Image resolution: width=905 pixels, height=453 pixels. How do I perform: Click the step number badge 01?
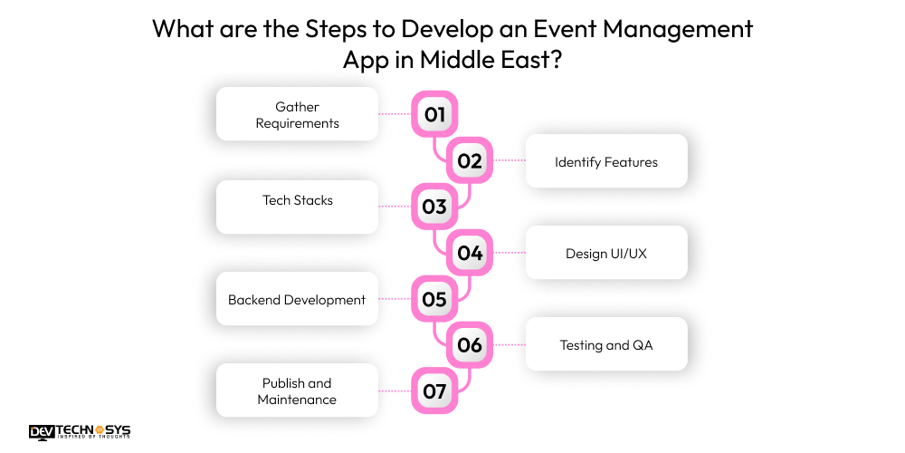(434, 114)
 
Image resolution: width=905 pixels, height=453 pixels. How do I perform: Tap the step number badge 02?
(470, 161)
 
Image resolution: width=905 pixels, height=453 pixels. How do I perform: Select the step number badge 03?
(434, 207)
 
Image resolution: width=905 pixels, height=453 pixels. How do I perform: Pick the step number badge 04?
(470, 253)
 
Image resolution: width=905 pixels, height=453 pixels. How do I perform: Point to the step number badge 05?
(434, 299)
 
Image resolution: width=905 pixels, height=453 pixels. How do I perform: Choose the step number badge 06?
(470, 345)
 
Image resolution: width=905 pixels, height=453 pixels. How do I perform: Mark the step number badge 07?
(434, 391)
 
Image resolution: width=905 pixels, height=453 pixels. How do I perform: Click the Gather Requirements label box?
(297, 114)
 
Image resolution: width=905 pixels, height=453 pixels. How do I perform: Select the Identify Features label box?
(606, 162)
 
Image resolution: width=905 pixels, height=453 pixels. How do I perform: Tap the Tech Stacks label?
(297, 200)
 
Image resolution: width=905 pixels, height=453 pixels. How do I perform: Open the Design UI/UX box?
(606, 253)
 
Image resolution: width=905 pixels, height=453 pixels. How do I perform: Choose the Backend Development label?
(297, 299)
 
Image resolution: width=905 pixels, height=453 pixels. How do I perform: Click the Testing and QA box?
(606, 344)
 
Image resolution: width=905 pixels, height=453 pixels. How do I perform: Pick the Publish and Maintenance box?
(297, 391)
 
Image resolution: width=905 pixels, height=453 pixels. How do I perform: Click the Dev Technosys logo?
(80, 432)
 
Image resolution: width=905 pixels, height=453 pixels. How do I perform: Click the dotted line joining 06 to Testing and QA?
(510, 345)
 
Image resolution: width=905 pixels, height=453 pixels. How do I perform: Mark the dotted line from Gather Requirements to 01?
(395, 114)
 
